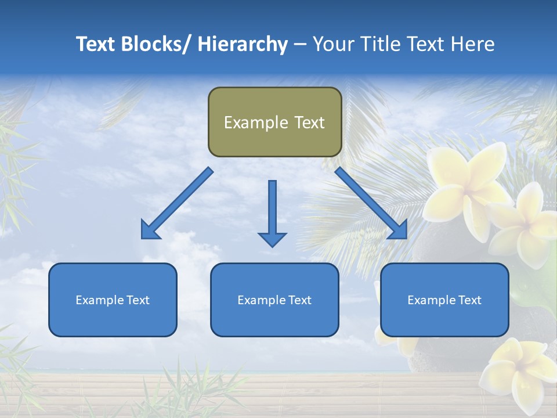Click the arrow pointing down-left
click(176, 204)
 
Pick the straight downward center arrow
click(272, 212)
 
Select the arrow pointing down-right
click(371, 204)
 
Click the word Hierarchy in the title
click(243, 44)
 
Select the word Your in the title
click(333, 44)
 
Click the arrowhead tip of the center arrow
click(272, 246)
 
